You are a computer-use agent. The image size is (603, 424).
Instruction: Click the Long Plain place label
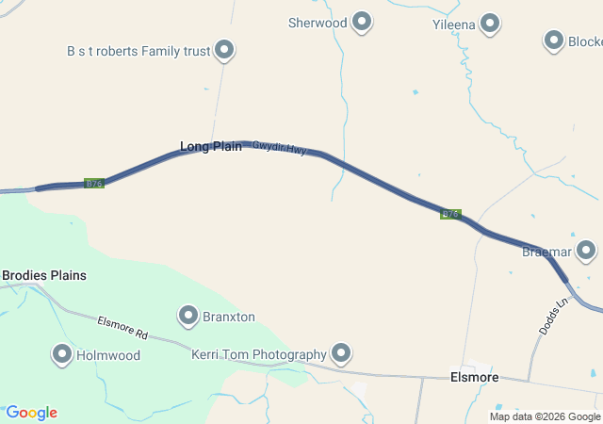click(x=211, y=146)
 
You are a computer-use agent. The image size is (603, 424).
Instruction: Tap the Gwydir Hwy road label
click(x=279, y=148)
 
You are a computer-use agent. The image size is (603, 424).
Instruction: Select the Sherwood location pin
click(x=362, y=23)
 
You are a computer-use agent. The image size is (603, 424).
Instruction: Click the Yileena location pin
click(x=490, y=23)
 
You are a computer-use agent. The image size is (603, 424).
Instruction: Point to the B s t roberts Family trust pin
click(x=224, y=49)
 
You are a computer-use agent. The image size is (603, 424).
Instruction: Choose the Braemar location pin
click(x=586, y=251)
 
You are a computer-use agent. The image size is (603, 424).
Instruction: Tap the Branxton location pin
click(x=188, y=316)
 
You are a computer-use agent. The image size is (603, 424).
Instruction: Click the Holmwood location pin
click(x=62, y=354)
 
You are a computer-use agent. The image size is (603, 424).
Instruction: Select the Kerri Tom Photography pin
click(x=340, y=353)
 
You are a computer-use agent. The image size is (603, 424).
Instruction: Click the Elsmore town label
click(x=474, y=378)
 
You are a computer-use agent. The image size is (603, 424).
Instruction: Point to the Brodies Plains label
click(x=44, y=275)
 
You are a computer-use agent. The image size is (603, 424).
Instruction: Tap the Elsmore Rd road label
click(x=123, y=328)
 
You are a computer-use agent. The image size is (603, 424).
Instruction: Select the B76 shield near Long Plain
click(x=93, y=183)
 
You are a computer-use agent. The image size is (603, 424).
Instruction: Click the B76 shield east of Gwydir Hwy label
click(x=450, y=214)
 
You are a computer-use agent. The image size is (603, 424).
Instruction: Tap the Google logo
click(x=31, y=413)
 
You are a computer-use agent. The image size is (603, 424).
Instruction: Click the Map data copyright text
click(x=545, y=416)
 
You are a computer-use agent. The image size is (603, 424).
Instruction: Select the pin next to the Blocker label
click(x=554, y=41)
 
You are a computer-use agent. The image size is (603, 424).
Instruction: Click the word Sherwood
click(x=318, y=23)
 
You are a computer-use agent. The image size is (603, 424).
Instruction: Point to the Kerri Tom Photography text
click(x=258, y=354)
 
